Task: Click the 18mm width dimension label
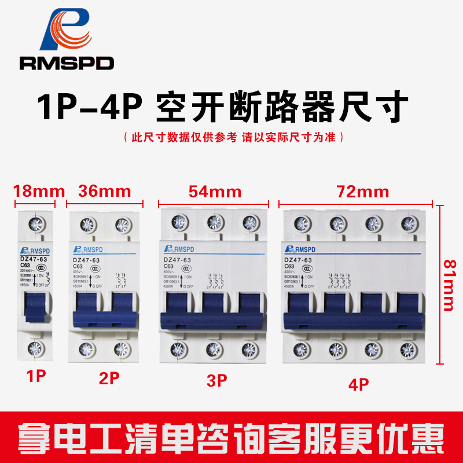click(x=34, y=191)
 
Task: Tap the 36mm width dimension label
click(x=104, y=191)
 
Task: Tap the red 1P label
click(x=36, y=376)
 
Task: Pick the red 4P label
click(x=359, y=383)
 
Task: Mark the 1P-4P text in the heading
click(x=90, y=106)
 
